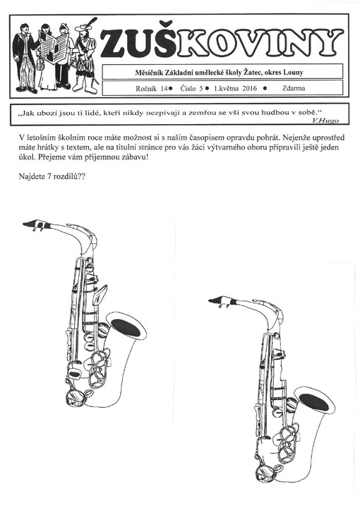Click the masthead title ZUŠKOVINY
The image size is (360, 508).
pos(222,42)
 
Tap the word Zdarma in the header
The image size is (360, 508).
pos(293,88)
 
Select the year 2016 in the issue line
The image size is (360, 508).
pos(249,88)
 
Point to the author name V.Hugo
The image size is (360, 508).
pos(325,121)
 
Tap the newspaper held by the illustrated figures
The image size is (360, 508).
pos(54,47)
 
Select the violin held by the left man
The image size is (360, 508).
pos(40,64)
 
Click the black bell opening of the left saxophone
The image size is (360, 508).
pos(126,327)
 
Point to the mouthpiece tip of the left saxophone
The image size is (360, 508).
pos(23,224)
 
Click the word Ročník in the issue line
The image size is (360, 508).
pos(146,88)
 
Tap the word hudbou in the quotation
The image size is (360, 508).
pos(274,112)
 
